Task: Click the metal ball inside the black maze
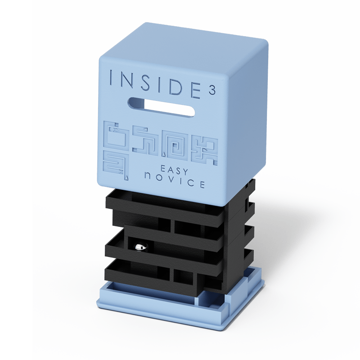point(141,247)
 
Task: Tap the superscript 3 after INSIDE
point(212,90)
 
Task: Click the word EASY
point(174,170)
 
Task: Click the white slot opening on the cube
point(162,107)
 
